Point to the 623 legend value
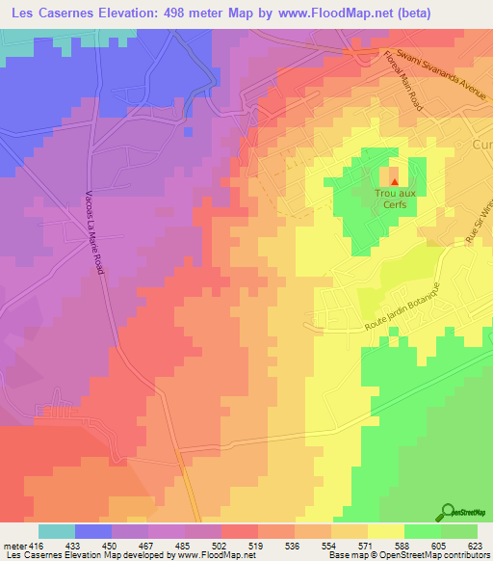tap(473, 546)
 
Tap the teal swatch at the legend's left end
tap(57, 531)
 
